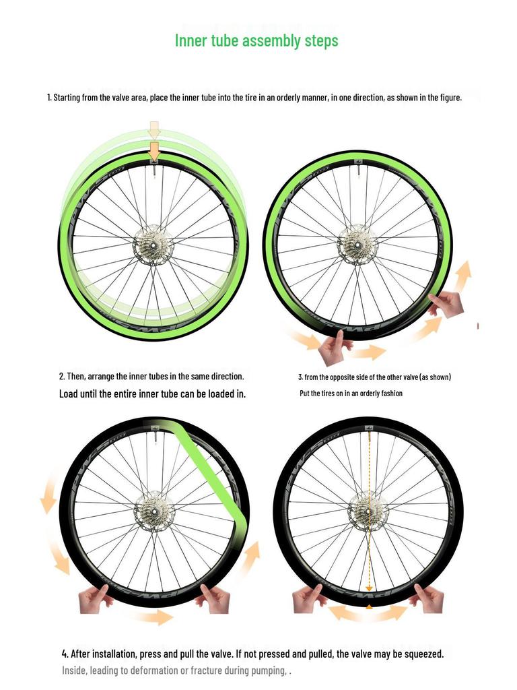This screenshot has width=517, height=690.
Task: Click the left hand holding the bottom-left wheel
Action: [96, 598]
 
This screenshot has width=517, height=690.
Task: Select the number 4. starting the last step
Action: [65, 654]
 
